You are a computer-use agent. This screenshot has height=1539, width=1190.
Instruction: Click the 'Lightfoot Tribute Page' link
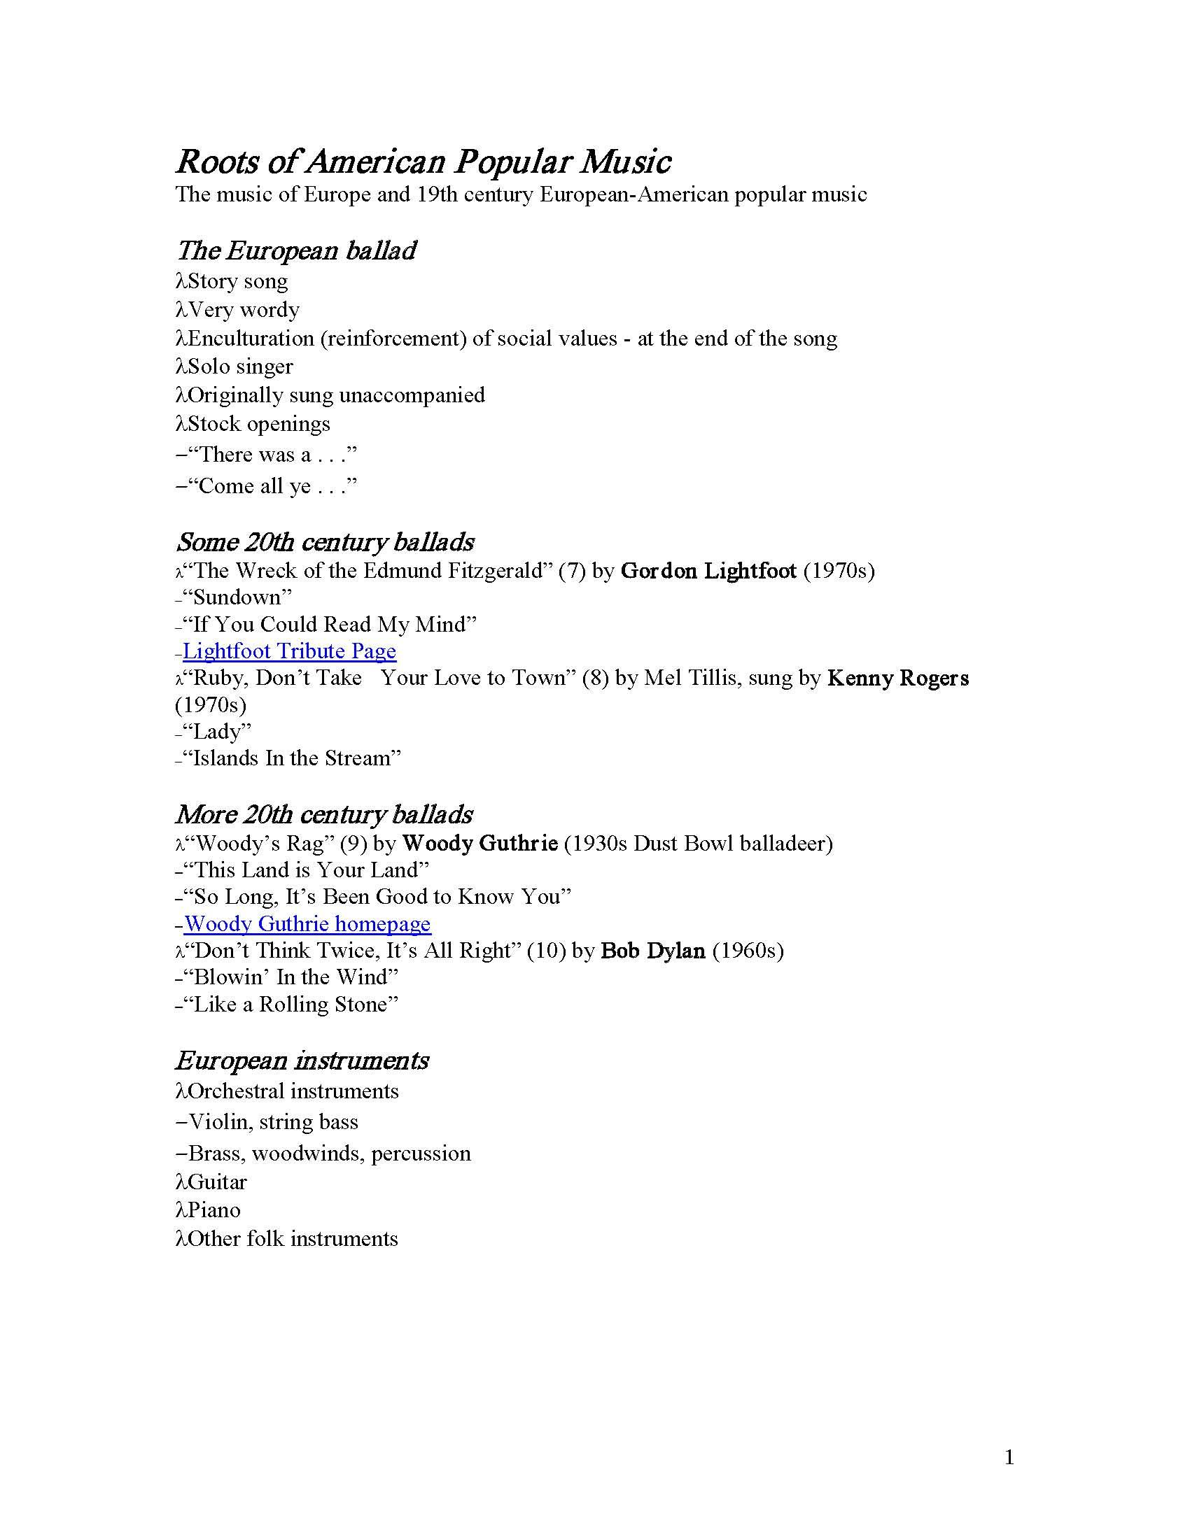(289, 651)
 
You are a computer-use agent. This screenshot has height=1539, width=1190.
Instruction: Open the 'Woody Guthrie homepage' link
(307, 923)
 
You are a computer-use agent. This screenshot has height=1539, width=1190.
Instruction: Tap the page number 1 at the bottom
(1009, 1456)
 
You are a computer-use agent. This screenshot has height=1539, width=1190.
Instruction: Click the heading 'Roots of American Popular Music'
(423, 162)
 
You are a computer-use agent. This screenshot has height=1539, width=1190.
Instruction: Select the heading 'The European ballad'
(296, 250)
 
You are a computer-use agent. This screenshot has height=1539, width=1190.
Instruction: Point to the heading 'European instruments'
(302, 1061)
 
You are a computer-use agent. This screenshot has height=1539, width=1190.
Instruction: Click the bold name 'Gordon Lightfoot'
(708, 570)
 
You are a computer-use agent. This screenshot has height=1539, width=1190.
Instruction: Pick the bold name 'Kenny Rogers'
(898, 678)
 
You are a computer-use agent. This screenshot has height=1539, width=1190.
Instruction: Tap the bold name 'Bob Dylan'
(653, 951)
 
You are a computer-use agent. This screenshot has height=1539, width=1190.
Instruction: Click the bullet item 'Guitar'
(217, 1182)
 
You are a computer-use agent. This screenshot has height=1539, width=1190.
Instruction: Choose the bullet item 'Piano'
(213, 1210)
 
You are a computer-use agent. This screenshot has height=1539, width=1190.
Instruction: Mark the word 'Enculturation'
(251, 339)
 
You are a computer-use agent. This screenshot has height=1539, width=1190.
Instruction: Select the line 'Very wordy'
(243, 309)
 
